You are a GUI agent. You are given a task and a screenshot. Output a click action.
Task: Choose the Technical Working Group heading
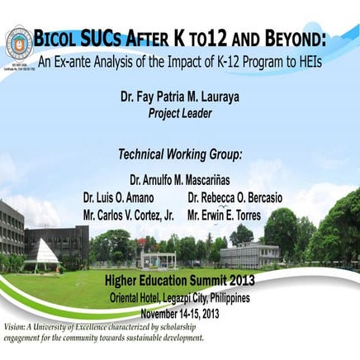(180, 154)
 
